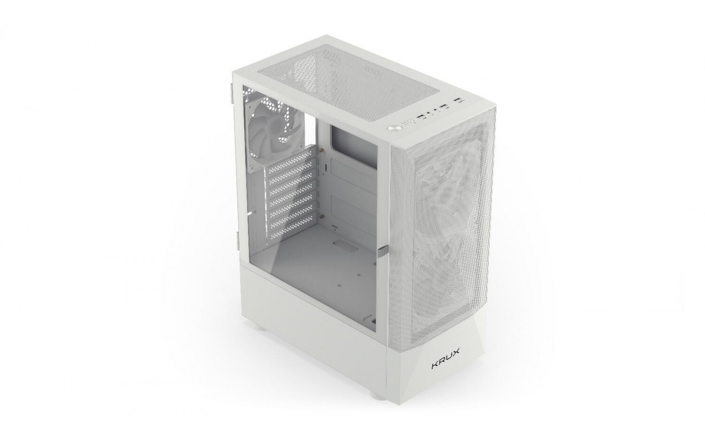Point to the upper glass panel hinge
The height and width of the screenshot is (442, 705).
(232, 93)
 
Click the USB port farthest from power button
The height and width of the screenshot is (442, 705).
(460, 101)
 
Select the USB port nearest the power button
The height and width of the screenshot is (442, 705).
(420, 117)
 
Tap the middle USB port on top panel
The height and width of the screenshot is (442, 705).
(444, 107)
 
